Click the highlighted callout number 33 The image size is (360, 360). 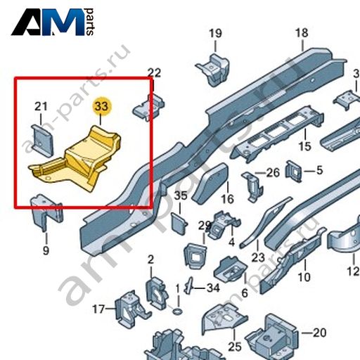point(101,106)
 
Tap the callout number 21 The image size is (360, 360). point(41,107)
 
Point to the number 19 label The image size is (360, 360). point(215,33)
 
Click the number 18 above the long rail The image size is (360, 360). point(302,33)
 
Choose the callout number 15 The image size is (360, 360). point(305,146)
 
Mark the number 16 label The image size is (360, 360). point(227,199)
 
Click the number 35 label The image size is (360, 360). point(181,196)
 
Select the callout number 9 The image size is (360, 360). point(46,250)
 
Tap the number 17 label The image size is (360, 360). point(98,309)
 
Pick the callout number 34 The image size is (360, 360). point(213,288)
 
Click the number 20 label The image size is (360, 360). point(320,333)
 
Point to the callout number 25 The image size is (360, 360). point(235,347)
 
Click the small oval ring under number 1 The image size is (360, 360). point(178,311)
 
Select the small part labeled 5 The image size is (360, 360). point(293,171)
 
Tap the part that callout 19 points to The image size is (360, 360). point(213,69)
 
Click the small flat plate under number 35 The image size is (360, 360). point(179,224)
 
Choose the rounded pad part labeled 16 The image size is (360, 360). point(210,184)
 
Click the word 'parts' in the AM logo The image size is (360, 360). point(90,22)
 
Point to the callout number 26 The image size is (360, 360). point(274,173)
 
